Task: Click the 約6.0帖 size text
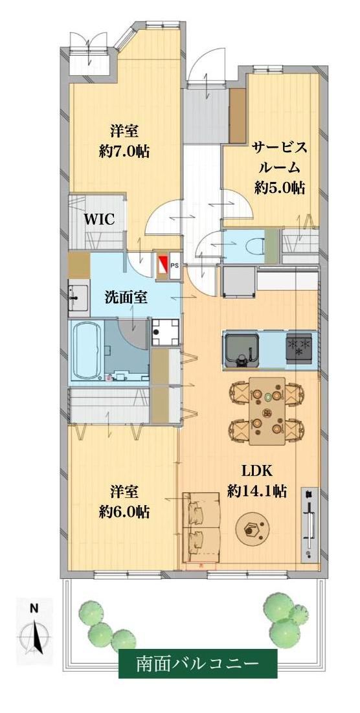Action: click(124, 511)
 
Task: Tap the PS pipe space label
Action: click(175, 264)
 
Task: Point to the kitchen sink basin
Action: click(242, 349)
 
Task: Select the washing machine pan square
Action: click(165, 333)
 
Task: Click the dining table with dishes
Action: click(267, 411)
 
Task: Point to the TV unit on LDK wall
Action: click(309, 523)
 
